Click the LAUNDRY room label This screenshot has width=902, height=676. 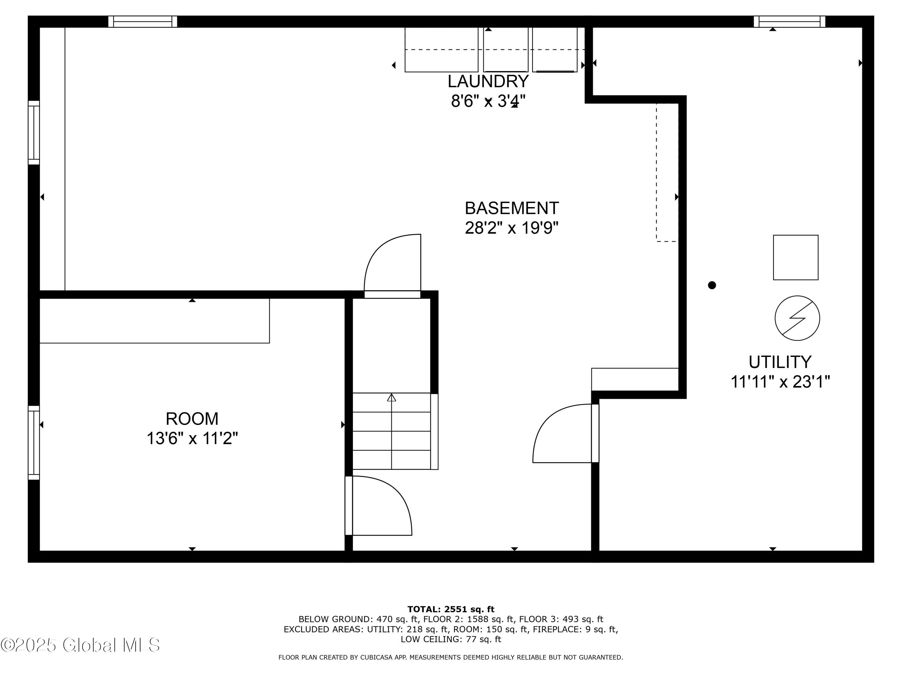[x=488, y=81]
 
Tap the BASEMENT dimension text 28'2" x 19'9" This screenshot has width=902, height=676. [x=511, y=228]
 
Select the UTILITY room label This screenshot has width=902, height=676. [x=780, y=362]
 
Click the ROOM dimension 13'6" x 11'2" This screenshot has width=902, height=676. [x=192, y=439]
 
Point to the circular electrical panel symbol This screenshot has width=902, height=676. [x=797, y=318]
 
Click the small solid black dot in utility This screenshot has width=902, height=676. [x=712, y=285]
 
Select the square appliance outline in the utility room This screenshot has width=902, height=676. [x=796, y=257]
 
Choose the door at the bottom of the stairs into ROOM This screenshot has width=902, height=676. [x=379, y=506]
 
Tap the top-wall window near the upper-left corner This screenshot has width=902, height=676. [x=143, y=22]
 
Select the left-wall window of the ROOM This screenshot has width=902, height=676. [x=34, y=443]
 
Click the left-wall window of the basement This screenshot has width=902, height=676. [x=34, y=133]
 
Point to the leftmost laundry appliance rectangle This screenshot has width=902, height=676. [x=441, y=50]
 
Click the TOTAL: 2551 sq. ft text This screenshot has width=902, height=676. [x=451, y=609]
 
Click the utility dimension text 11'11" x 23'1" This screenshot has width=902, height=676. [x=780, y=382]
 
